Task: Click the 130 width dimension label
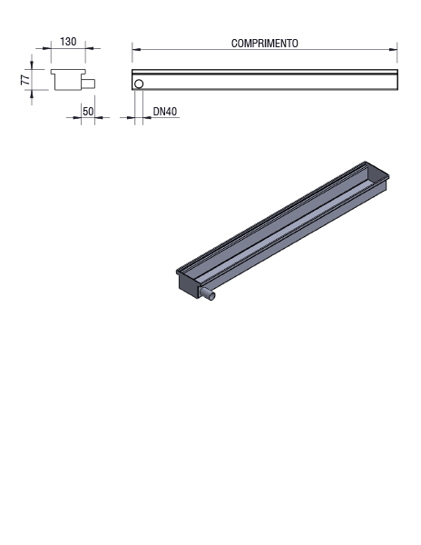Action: click(68, 42)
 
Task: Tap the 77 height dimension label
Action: click(25, 80)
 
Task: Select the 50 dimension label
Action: click(88, 111)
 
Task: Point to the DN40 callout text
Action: click(165, 111)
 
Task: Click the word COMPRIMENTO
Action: click(264, 44)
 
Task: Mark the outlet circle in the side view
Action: click(139, 84)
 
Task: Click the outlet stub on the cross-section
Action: click(89, 84)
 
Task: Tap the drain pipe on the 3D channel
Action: click(208, 294)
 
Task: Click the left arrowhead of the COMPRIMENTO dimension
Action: click(136, 49)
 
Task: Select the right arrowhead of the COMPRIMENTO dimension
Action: click(393, 49)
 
